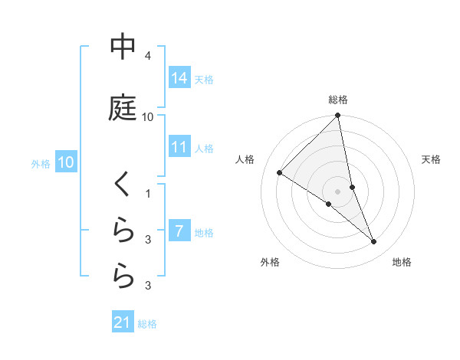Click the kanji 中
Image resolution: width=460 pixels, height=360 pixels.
(x=123, y=47)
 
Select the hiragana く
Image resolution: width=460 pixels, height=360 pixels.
(x=123, y=186)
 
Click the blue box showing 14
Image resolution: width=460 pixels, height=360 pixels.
(x=179, y=77)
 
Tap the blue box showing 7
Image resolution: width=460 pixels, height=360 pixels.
(x=179, y=231)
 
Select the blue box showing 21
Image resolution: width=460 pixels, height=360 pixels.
(x=123, y=322)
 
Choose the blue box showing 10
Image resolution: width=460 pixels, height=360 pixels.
(x=65, y=162)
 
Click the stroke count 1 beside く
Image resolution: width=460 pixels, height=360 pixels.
(x=148, y=194)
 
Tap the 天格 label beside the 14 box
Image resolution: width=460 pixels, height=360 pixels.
(x=204, y=79)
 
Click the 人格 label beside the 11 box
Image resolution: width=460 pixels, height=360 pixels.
(x=204, y=148)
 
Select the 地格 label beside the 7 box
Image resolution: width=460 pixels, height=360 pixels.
(x=204, y=232)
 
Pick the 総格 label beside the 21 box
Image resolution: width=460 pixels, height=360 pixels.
(x=147, y=324)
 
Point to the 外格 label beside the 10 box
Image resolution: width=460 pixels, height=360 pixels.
(x=41, y=164)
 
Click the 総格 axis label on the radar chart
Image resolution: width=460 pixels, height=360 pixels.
(x=338, y=100)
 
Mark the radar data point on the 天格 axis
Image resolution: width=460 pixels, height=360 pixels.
(x=352, y=187)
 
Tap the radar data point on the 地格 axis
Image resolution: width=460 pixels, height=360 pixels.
(x=374, y=241)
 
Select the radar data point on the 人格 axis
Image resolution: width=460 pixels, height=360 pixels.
(x=280, y=172)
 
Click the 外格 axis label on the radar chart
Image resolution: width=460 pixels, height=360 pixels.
(x=270, y=262)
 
